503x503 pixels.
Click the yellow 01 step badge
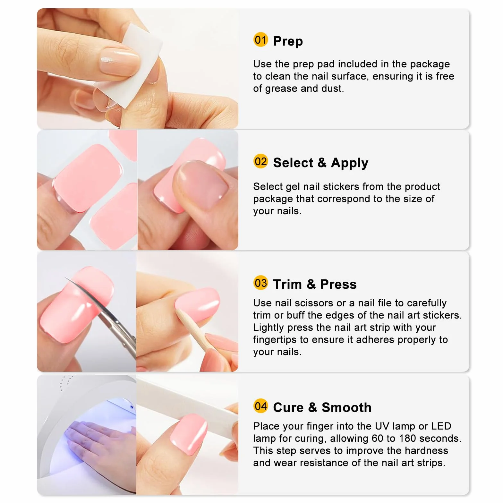click(260, 40)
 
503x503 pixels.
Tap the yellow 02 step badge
click(260, 161)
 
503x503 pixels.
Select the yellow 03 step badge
click(260, 283)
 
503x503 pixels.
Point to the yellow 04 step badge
click(260, 406)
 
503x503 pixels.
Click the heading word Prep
click(288, 41)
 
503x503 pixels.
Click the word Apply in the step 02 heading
click(350, 163)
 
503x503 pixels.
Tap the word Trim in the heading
click(287, 284)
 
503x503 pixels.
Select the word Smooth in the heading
click(346, 407)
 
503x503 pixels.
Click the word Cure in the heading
click(288, 407)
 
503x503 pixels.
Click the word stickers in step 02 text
click(341, 187)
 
